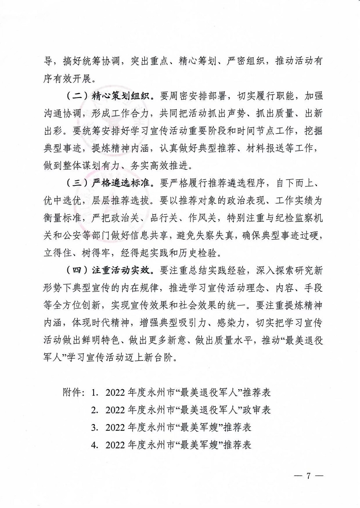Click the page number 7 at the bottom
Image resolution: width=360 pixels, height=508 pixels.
pyautogui.click(x=308, y=476)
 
